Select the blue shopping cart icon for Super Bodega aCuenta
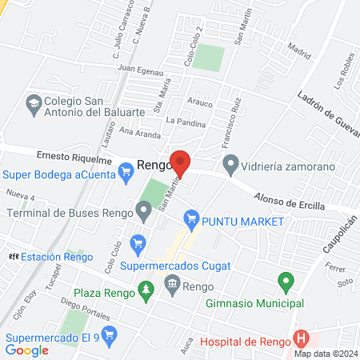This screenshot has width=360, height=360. pyautogui.click(x=126, y=170)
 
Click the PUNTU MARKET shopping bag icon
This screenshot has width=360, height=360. pyautogui.click(x=190, y=217)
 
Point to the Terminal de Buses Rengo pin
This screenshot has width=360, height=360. pyautogui.click(x=144, y=212)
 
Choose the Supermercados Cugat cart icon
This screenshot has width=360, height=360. pyautogui.click(x=138, y=242)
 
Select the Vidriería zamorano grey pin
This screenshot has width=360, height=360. pyautogui.click(x=231, y=165)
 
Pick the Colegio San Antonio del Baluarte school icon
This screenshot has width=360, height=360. pyautogui.click(x=34, y=102)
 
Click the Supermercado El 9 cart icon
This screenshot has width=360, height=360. pyautogui.click(x=110, y=333)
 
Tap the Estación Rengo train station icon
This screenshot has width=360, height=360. pyautogui.click(x=12, y=257)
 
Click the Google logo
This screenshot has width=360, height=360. pyautogui.click(x=26, y=350)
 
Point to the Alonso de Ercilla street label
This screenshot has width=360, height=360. pyautogui.click(x=290, y=201)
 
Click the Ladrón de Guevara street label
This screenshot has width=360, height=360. pyautogui.click(x=329, y=117)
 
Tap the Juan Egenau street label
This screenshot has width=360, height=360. pyautogui.click(x=141, y=70)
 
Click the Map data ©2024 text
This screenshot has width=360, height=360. pyautogui.click(x=324, y=354)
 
